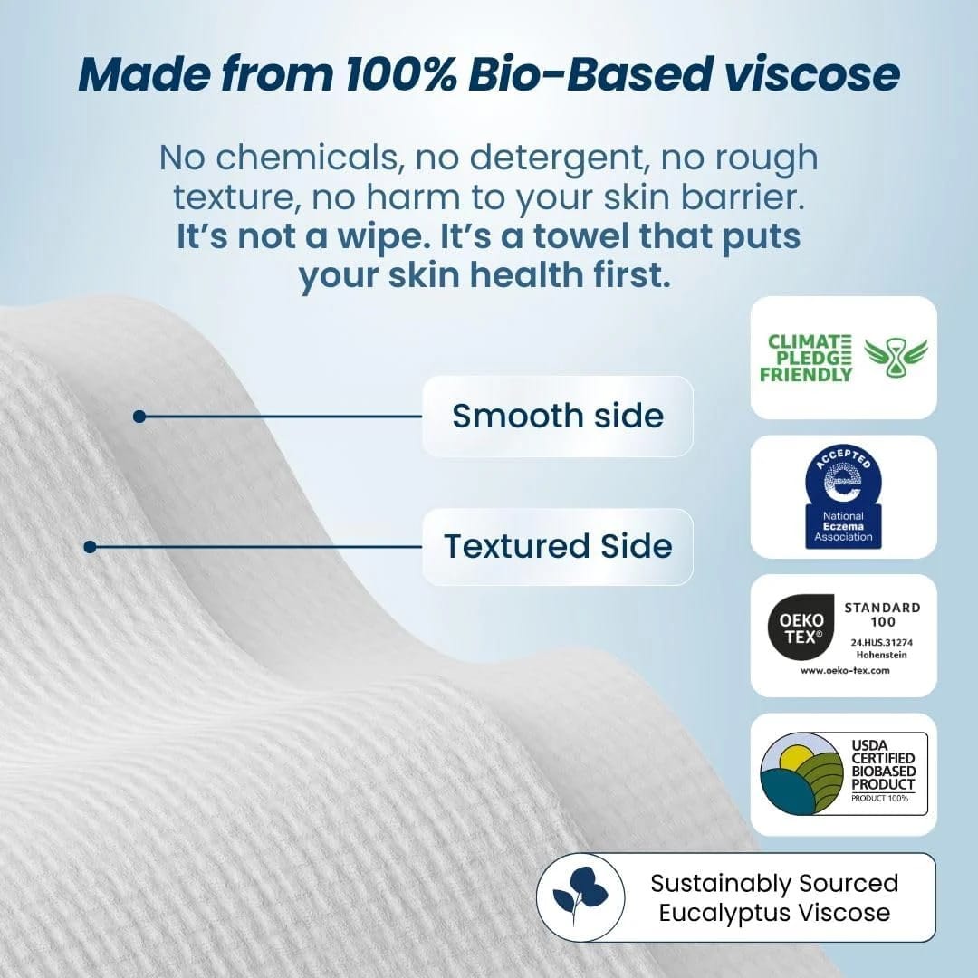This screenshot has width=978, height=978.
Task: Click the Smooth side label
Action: (x=558, y=416)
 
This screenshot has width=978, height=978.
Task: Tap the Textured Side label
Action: (x=558, y=546)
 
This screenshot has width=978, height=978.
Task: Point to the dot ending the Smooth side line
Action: (x=139, y=417)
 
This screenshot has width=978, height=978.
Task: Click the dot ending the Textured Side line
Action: (x=90, y=547)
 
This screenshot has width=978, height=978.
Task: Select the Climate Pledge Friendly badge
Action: (x=843, y=358)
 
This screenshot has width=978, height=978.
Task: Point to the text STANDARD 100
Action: (x=882, y=614)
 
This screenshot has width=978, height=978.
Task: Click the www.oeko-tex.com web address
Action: (x=844, y=670)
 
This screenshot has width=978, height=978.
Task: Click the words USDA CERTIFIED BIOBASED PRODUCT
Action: (x=883, y=764)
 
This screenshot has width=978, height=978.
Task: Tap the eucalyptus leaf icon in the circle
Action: (x=580, y=896)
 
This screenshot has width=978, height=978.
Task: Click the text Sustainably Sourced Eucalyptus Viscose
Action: (x=774, y=896)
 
